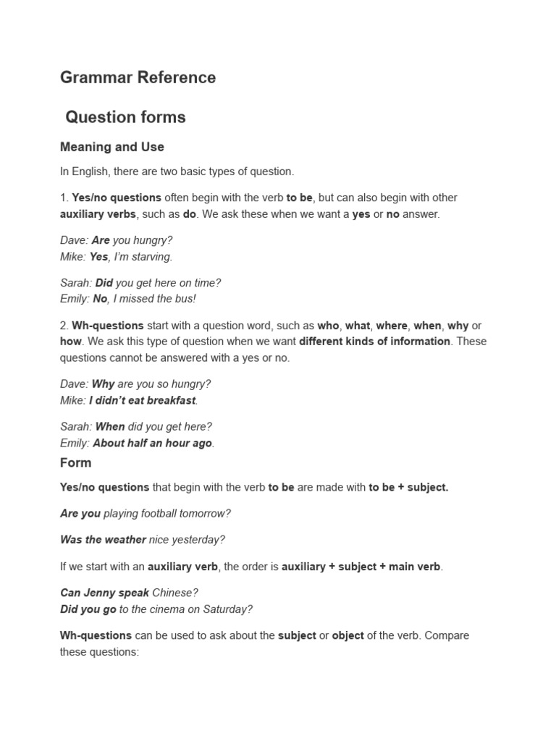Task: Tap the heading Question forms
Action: coord(125,117)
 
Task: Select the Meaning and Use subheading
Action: coord(112,147)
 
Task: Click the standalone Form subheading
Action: coord(76,462)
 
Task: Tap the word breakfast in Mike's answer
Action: coord(170,400)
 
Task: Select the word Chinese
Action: coord(175,593)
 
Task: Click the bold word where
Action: coord(392,326)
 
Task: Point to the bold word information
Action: coord(420,342)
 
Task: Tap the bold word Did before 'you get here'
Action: coord(104,283)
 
